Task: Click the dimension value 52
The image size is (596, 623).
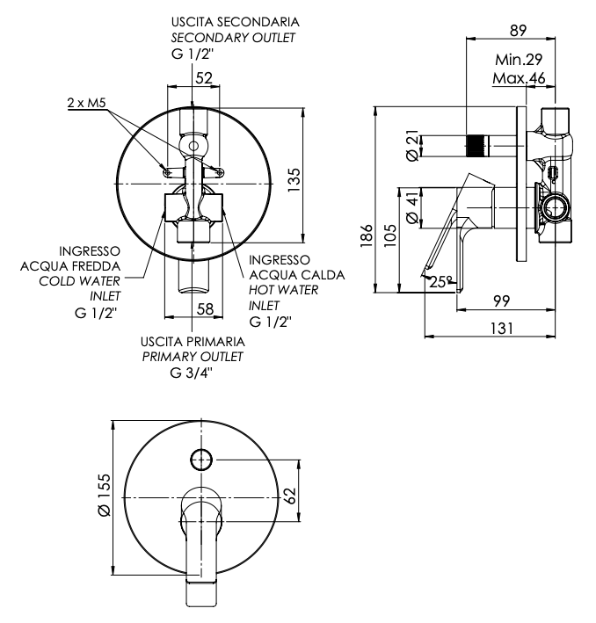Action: click(x=204, y=78)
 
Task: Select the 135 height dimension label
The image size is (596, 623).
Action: click(x=294, y=180)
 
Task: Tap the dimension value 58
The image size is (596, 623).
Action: click(x=205, y=309)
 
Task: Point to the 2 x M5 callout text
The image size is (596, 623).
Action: click(x=87, y=103)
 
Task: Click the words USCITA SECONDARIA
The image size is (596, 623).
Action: click(x=235, y=22)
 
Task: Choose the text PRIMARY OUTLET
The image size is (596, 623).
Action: click(x=193, y=357)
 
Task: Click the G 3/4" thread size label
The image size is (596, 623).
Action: click(x=192, y=373)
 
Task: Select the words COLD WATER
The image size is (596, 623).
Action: click(x=79, y=281)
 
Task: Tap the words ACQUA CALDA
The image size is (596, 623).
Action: click(x=296, y=275)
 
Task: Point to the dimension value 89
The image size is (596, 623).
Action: click(x=518, y=31)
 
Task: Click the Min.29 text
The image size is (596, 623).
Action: click(x=519, y=60)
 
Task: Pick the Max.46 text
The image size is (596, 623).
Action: click(x=519, y=78)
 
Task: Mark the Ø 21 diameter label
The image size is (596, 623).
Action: click(x=413, y=146)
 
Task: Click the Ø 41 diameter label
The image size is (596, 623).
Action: click(x=413, y=206)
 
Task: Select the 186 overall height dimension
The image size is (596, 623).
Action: click(x=367, y=235)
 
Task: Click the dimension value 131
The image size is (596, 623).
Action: click(x=501, y=329)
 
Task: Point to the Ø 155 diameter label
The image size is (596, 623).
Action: click(x=105, y=495)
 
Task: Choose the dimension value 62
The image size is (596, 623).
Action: click(x=291, y=496)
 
